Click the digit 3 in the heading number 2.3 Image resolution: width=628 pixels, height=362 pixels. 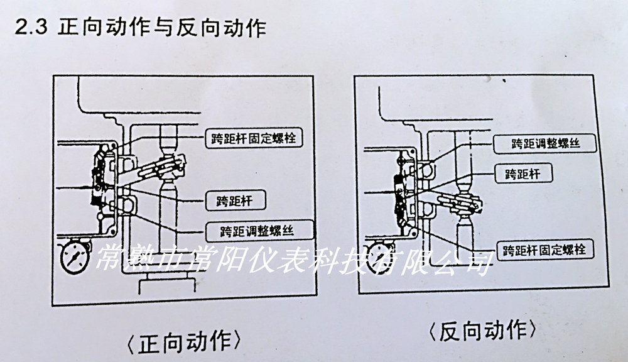[41, 27]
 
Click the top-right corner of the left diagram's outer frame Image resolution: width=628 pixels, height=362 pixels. [313, 76]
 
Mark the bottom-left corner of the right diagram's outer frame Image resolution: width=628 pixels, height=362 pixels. [359, 293]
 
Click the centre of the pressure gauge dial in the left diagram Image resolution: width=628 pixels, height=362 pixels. [75, 256]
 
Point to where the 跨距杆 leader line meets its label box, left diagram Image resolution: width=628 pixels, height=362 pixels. [206, 200]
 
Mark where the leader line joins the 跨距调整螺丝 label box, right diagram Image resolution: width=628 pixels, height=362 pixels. [494, 143]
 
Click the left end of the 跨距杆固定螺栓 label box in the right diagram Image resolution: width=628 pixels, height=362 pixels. [497, 250]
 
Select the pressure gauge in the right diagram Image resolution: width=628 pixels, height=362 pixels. [378, 256]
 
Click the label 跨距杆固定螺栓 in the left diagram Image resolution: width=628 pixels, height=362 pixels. [254, 139]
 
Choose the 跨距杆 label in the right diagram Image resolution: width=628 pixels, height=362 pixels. [524, 174]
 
